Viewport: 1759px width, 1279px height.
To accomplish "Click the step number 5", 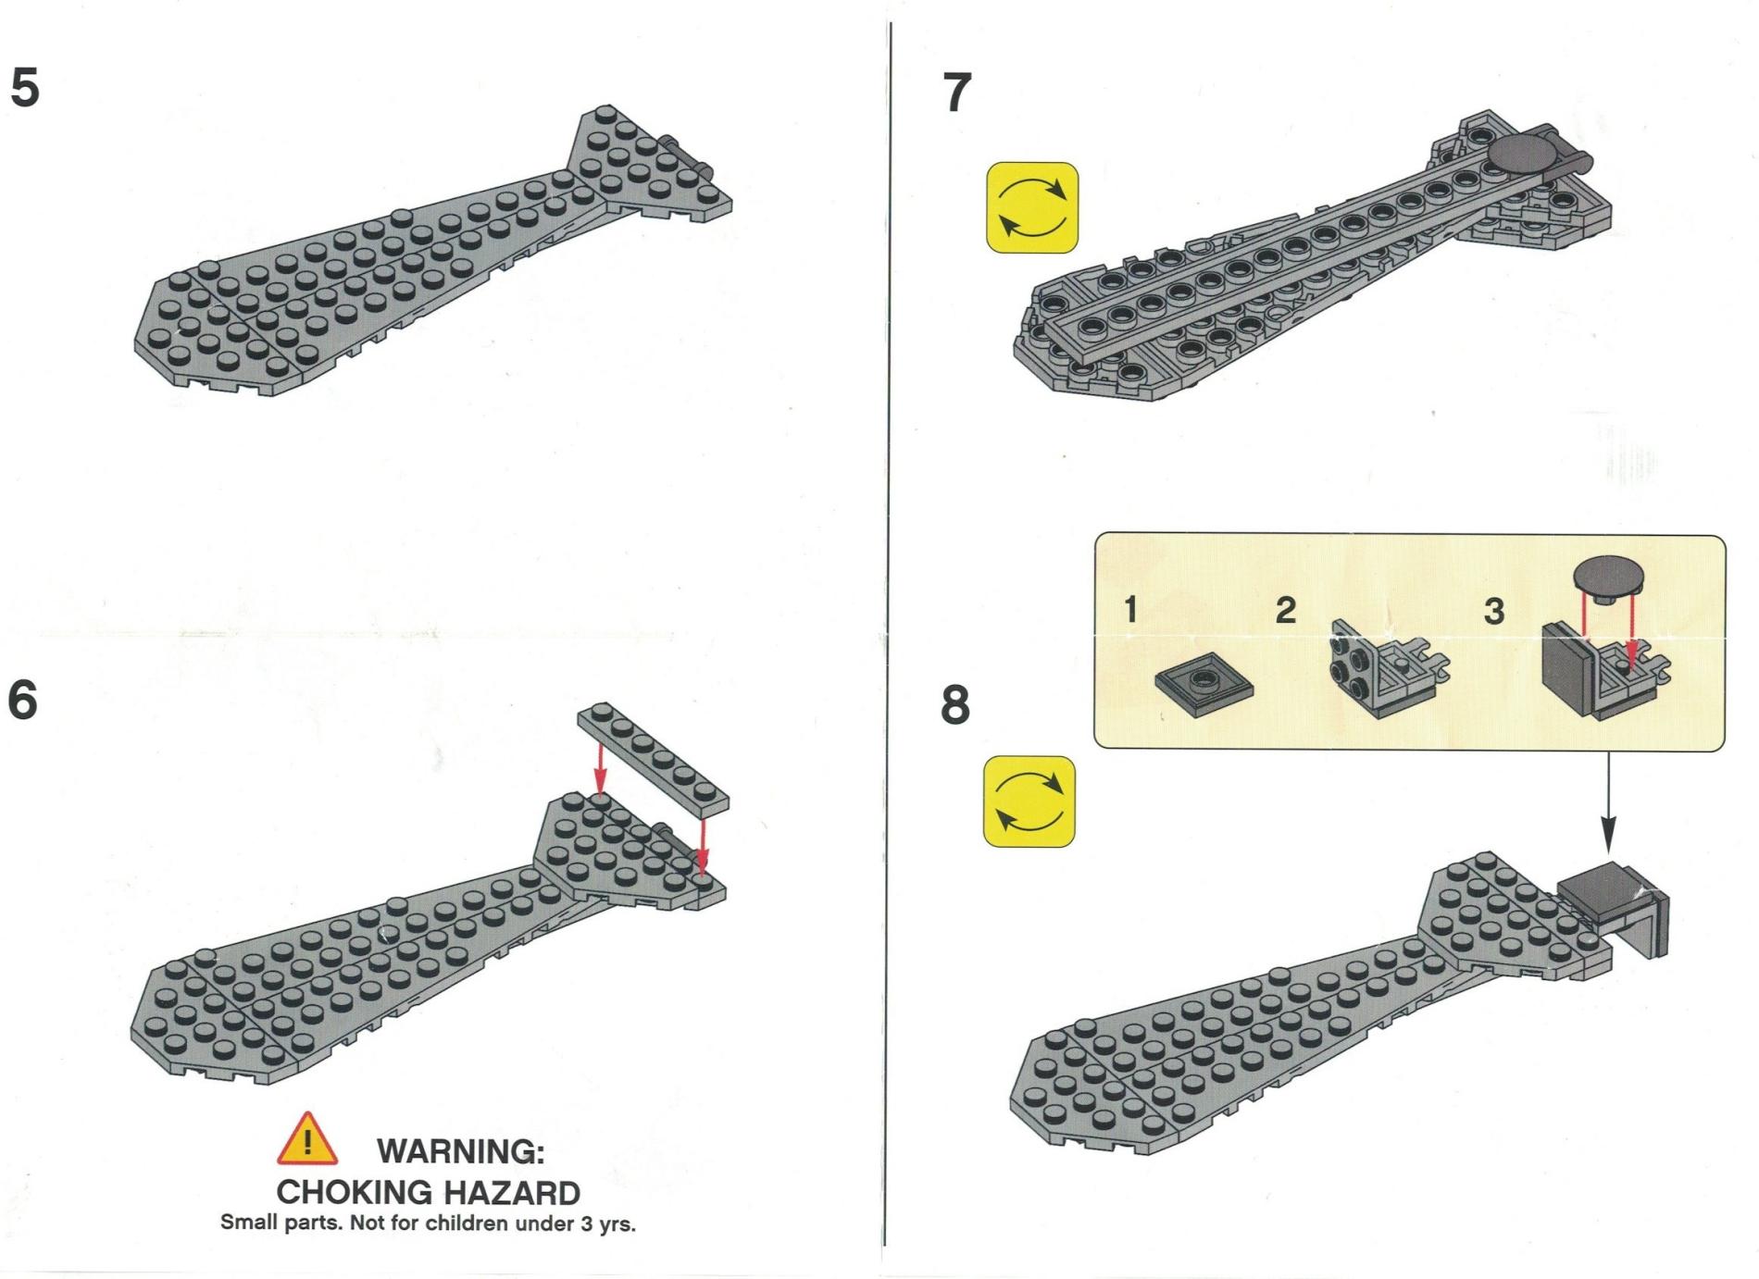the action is (25, 88).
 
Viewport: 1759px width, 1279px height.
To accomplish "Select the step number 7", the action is (958, 93).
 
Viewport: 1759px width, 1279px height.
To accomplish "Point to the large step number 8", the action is (955, 704).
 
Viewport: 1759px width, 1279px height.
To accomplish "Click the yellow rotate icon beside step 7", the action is (1032, 207).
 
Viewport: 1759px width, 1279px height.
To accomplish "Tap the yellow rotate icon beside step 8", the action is (1029, 801).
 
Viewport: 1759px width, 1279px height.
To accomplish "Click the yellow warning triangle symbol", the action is (307, 1139).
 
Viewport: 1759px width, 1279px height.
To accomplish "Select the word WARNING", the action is (461, 1151).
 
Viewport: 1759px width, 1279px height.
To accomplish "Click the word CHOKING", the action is (354, 1192).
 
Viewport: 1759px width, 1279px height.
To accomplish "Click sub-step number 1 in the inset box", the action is (1130, 610).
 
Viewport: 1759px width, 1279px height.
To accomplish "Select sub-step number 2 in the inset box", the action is (1285, 610).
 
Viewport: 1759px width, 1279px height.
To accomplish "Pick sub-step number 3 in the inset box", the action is (1493, 611).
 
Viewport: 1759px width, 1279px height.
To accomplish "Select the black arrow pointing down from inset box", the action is (1608, 801).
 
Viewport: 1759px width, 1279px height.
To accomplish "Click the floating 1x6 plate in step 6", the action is (653, 754).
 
